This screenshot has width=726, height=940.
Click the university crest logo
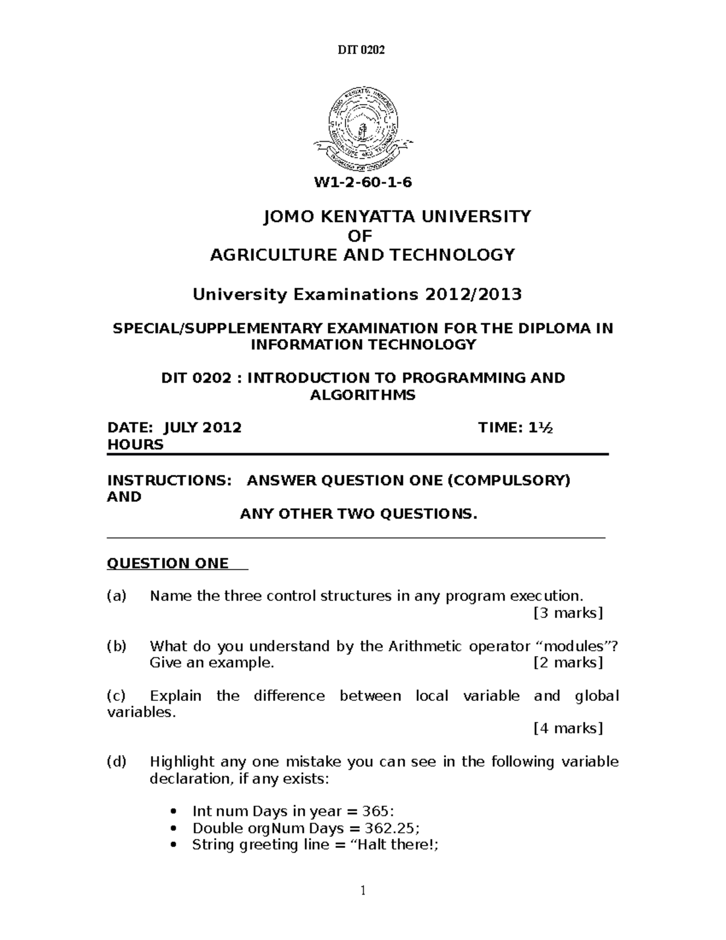pyautogui.click(x=363, y=128)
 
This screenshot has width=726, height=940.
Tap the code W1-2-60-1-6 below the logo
pyautogui.click(x=362, y=182)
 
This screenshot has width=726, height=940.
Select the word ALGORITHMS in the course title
pyautogui.click(x=362, y=395)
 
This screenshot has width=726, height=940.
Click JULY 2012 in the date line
pyautogui.click(x=203, y=428)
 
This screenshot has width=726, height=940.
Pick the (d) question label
pyautogui.click(x=117, y=761)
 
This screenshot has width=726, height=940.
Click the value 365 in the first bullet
pyautogui.click(x=377, y=812)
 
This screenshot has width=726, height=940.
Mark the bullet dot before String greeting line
pyautogui.click(x=174, y=846)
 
